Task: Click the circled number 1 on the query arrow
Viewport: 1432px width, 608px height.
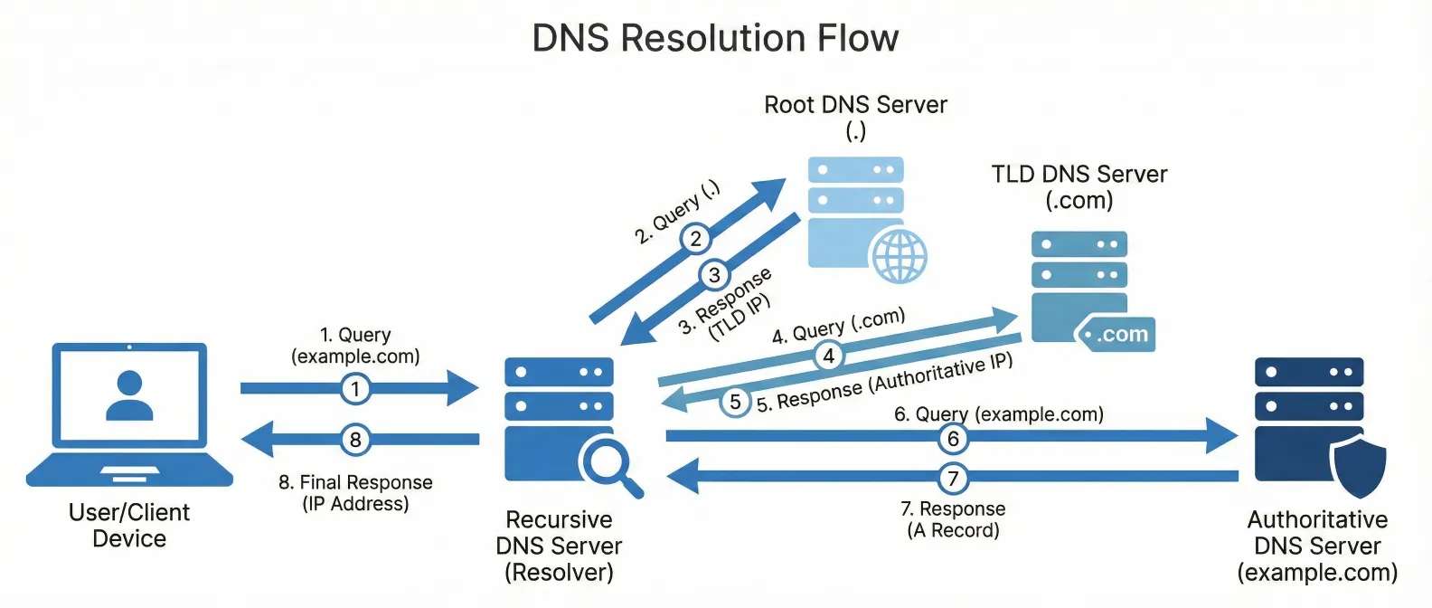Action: point(355,389)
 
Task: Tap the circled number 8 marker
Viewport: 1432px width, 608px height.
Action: point(355,440)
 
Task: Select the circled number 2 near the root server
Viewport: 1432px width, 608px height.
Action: point(695,239)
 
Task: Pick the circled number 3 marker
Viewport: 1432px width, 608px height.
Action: point(714,275)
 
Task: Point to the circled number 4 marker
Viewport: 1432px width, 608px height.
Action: point(828,356)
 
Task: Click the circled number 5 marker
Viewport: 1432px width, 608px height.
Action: point(735,402)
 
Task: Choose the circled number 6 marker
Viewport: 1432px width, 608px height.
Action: point(953,439)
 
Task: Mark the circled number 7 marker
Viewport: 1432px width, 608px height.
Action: point(953,477)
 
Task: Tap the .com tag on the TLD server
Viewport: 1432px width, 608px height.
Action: point(1116,335)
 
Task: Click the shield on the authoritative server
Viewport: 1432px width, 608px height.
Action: point(1359,465)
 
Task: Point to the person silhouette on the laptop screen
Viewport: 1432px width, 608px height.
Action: point(129,395)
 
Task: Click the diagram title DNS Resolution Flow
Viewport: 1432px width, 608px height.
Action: point(715,38)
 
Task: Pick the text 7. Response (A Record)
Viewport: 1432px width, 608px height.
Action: point(953,519)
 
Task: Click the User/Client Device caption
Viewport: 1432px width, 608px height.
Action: point(129,525)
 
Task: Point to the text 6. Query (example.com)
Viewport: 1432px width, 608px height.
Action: point(999,414)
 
